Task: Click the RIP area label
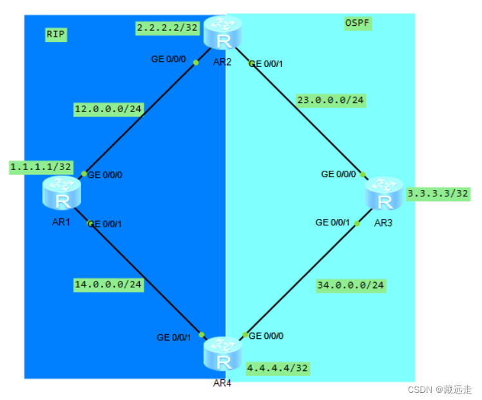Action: [x=56, y=35]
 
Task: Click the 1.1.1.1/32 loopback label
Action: [x=40, y=167]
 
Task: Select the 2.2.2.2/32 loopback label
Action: [x=168, y=28]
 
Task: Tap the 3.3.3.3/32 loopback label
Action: [x=438, y=194]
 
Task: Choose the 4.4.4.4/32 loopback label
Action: [x=278, y=368]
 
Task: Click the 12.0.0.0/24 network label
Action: [x=108, y=109]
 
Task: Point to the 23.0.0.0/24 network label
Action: [x=331, y=100]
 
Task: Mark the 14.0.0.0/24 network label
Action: [x=108, y=283]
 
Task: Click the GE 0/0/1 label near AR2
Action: [x=266, y=64]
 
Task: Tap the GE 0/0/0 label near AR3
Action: [x=338, y=174]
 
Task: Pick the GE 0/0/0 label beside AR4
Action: [x=265, y=336]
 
